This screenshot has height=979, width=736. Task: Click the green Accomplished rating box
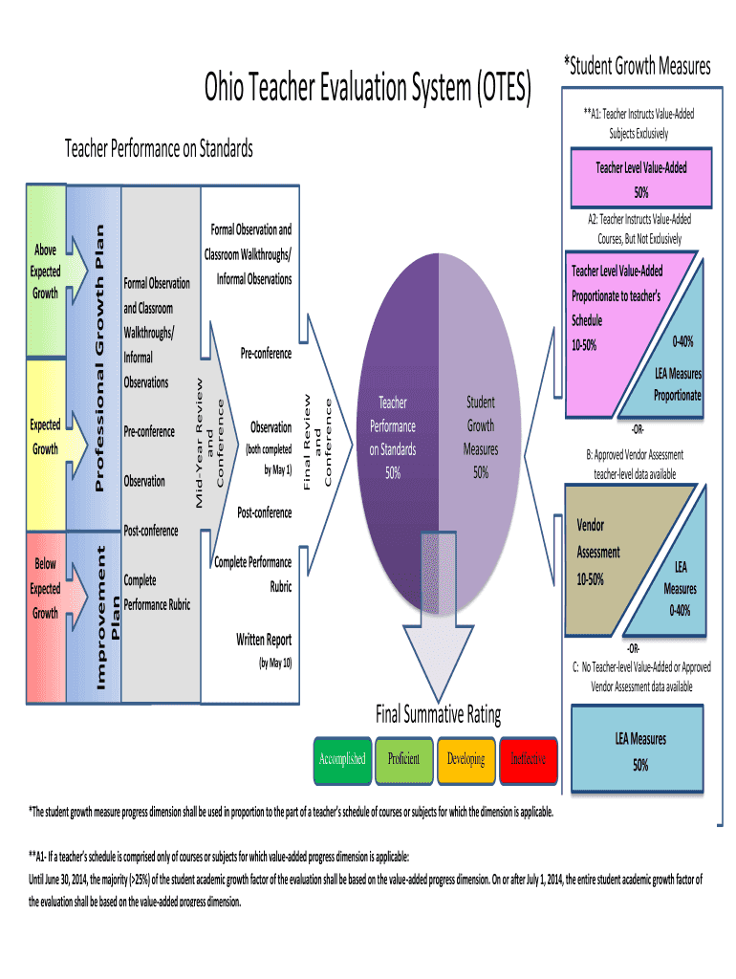pyautogui.click(x=342, y=758)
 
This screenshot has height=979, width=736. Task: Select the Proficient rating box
pyautogui.click(x=403, y=758)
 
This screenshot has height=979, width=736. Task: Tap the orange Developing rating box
pyautogui.click(x=465, y=758)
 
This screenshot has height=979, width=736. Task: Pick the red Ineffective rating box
pyautogui.click(x=528, y=758)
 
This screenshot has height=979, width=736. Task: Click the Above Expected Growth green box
pyautogui.click(x=46, y=271)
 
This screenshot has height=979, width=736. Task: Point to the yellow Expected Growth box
pyautogui.click(x=46, y=436)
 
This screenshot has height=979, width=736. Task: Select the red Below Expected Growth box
pyautogui.click(x=46, y=588)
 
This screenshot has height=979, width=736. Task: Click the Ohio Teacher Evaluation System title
pyautogui.click(x=367, y=91)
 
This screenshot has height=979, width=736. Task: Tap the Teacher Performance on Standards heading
pyautogui.click(x=159, y=148)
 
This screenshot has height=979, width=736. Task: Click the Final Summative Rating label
pyautogui.click(x=439, y=714)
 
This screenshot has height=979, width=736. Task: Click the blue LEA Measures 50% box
pyautogui.click(x=639, y=751)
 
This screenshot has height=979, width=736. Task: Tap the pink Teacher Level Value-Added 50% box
pyautogui.click(x=640, y=179)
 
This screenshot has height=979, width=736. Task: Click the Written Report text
pyautogui.click(x=264, y=640)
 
